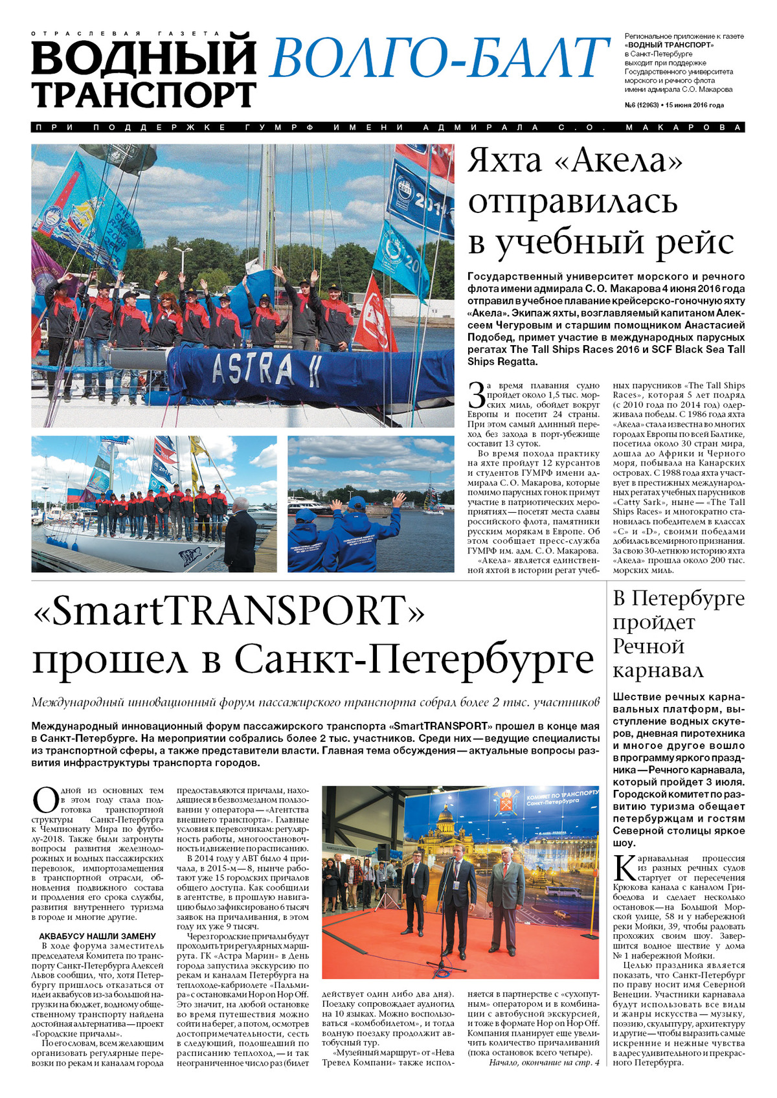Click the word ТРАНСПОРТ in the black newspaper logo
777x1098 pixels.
pyautogui.click(x=144, y=95)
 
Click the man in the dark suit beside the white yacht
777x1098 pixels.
pyautogui.click(x=240, y=534)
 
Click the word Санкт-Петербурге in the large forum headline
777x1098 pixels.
pyautogui.click(x=414, y=659)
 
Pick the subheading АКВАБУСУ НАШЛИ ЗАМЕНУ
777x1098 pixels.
pyautogui.click(x=97, y=936)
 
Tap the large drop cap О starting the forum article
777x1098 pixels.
pyautogui.click(x=45, y=800)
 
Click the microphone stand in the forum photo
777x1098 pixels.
pyautogui.click(x=445, y=919)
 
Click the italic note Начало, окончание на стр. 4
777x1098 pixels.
pyautogui.click(x=544, y=1062)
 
